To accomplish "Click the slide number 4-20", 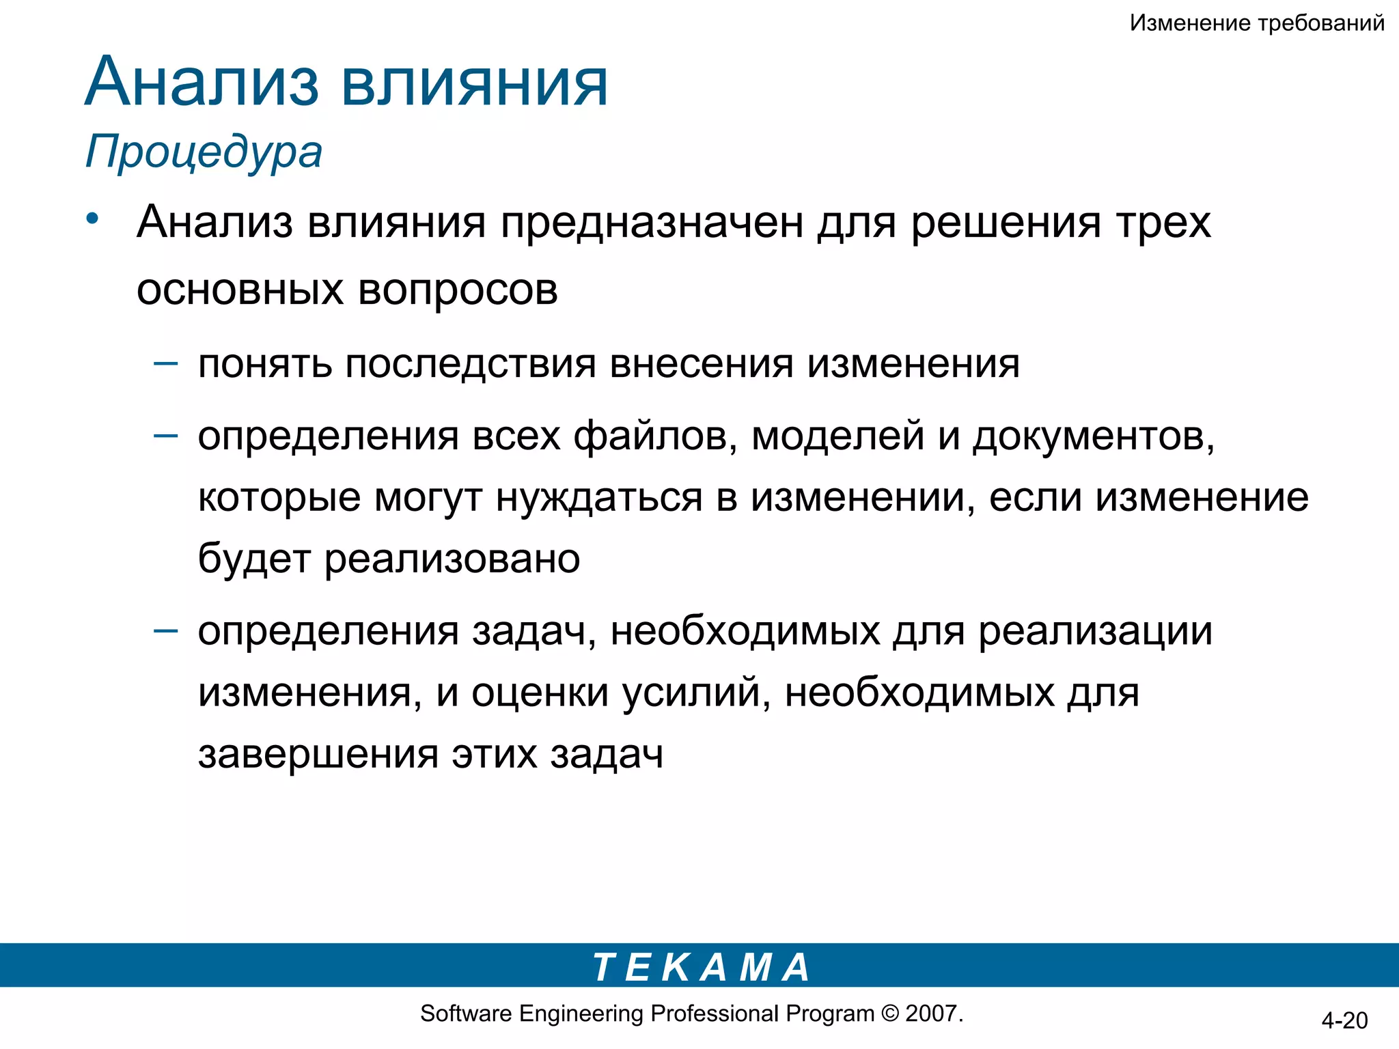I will [1344, 1020].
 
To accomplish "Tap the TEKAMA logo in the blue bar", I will [701, 967].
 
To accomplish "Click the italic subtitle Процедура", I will [204, 152].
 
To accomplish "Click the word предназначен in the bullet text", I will [652, 223].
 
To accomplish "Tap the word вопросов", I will [458, 290].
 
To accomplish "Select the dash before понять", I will [166, 363].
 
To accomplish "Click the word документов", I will [1093, 436].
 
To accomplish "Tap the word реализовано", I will [452, 559].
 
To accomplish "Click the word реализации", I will [1096, 631].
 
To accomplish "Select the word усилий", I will [697, 693].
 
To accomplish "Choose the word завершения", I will [318, 755].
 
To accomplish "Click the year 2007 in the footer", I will [932, 1013].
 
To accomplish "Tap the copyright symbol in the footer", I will [890, 1013].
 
